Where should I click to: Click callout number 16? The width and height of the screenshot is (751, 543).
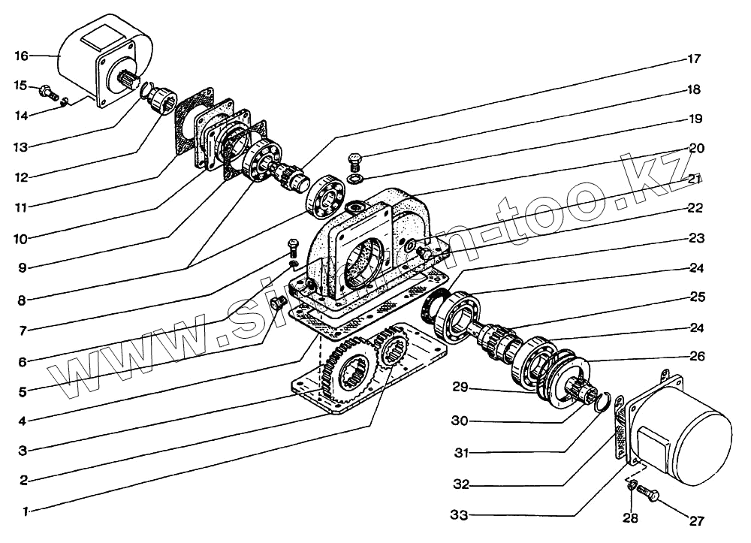tap(20, 56)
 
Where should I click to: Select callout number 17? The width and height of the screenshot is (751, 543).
tap(693, 59)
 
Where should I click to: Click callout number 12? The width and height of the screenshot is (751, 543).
tap(20, 178)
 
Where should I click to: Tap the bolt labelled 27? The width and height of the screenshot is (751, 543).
tap(650, 496)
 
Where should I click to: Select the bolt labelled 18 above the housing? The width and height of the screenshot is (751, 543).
tap(355, 160)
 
